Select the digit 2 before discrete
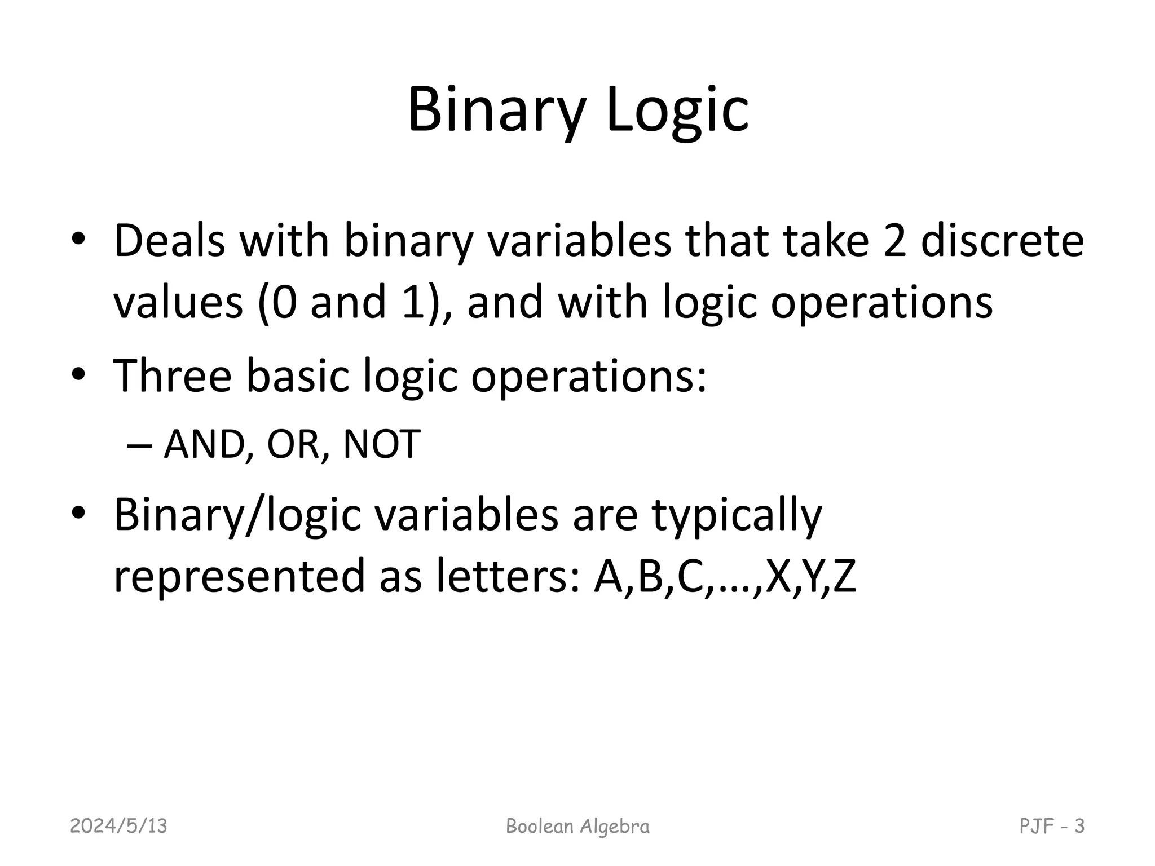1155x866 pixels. [894, 241]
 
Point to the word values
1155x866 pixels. [178, 302]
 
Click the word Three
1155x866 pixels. [173, 375]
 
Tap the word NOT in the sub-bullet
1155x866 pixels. [382, 444]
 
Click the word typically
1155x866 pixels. [737, 515]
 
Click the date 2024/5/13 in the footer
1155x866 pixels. [118, 827]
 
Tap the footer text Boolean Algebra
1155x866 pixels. [577, 827]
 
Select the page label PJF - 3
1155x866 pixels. [1052, 827]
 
